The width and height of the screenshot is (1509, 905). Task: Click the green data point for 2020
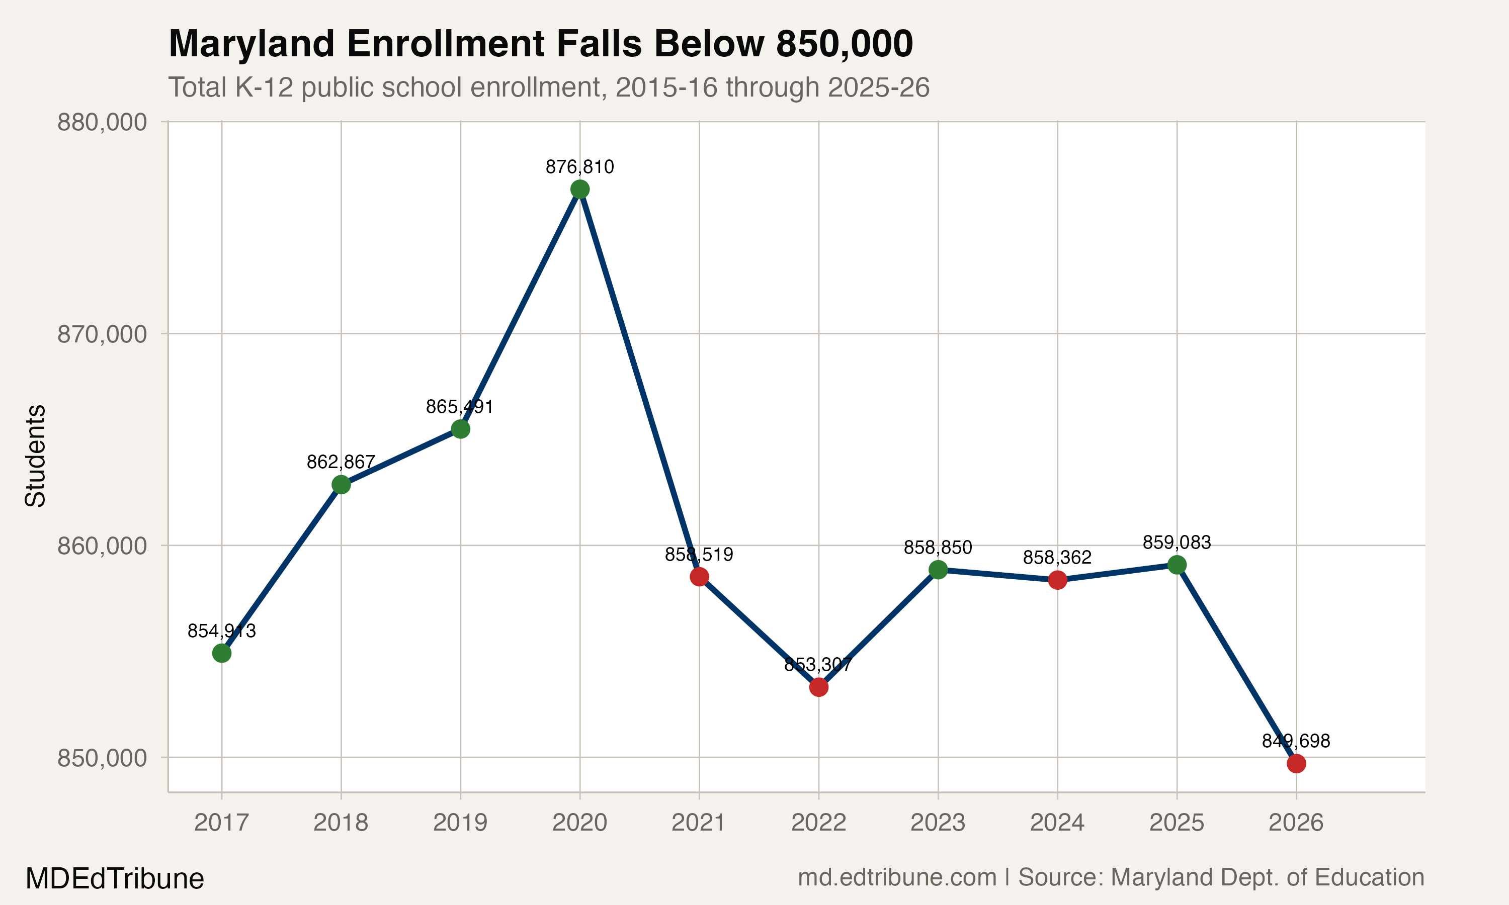579,190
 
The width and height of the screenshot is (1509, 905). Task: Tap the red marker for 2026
1296,764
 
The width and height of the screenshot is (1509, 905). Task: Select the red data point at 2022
818,687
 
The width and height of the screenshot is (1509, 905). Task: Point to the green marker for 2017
221,653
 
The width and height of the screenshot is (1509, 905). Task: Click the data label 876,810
579,166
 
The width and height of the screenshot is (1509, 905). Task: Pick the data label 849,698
1296,741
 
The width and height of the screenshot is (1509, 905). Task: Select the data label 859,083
1177,542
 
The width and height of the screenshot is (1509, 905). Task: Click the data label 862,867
341,462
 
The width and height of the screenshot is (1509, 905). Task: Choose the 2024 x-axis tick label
1057,823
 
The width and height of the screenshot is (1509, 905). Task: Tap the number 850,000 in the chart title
844,44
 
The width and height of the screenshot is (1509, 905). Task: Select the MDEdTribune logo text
115,879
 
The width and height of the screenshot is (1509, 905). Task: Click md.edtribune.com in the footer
897,877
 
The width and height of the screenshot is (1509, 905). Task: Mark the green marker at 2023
938,570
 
